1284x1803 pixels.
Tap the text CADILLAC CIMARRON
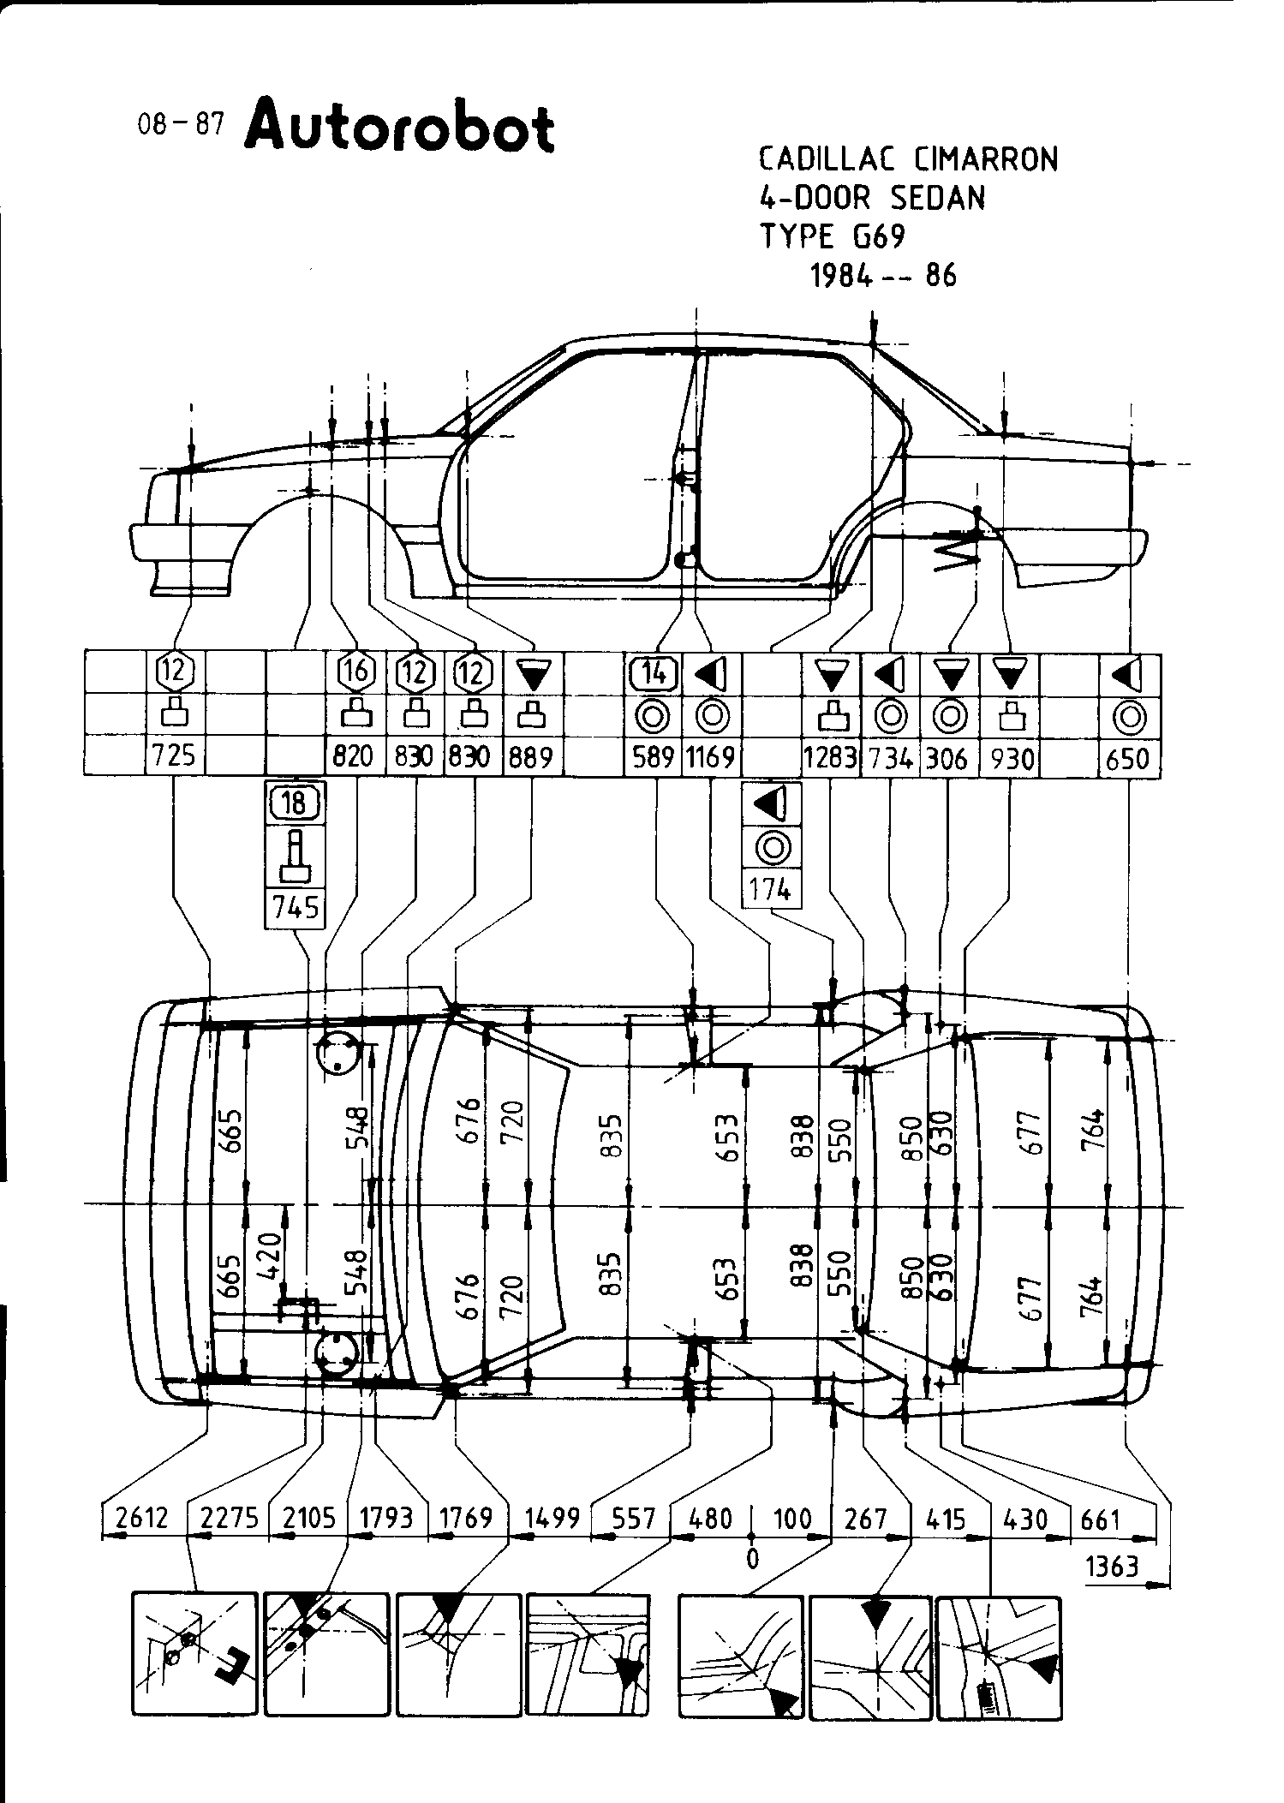coord(908,159)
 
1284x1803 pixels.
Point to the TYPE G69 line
coord(833,236)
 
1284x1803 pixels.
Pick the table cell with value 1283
coord(829,758)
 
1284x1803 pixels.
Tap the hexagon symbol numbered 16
coord(357,672)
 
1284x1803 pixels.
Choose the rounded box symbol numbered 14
coord(654,673)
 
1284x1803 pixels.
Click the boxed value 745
coord(295,907)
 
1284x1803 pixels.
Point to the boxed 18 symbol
coord(294,803)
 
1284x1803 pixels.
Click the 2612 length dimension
coord(141,1519)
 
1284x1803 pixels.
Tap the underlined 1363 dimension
coord(1113,1567)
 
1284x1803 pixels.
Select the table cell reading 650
coord(1128,758)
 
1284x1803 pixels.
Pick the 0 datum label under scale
coord(752,1558)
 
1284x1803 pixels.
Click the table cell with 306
coord(947,758)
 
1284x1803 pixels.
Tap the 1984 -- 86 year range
coord(883,276)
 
